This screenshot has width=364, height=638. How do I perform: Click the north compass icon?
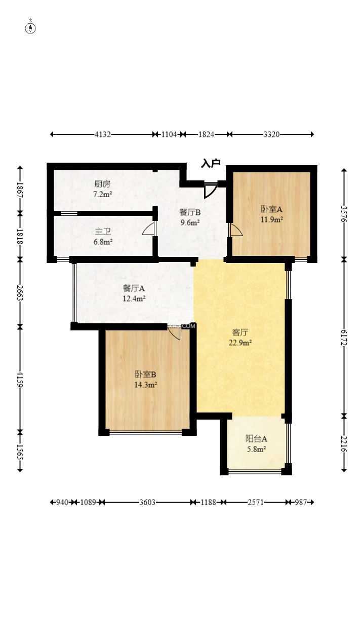pyautogui.click(x=31, y=27)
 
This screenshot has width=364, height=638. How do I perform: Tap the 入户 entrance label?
pyautogui.click(x=211, y=163)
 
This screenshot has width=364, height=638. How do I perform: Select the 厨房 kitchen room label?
pyautogui.click(x=102, y=184)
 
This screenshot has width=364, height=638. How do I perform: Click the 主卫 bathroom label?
pyautogui.click(x=103, y=232)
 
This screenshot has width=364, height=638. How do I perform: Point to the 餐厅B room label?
pyautogui.click(x=190, y=212)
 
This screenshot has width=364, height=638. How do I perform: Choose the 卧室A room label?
pyautogui.click(x=271, y=209)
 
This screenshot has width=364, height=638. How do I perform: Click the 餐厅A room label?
pyautogui.click(x=134, y=288)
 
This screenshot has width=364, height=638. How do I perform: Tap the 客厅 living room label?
pyautogui.click(x=240, y=332)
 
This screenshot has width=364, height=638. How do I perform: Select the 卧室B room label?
pyautogui.click(x=145, y=374)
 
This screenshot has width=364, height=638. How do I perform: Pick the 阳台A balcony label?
pyautogui.click(x=256, y=438)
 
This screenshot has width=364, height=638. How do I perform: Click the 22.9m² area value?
pyautogui.click(x=240, y=343)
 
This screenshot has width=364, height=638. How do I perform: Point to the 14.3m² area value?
pyautogui.click(x=145, y=385)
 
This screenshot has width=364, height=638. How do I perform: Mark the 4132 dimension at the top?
pyautogui.click(x=103, y=134)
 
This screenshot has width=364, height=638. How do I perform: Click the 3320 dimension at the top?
pyautogui.click(x=271, y=134)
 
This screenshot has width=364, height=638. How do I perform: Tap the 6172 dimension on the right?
pyautogui.click(x=344, y=336)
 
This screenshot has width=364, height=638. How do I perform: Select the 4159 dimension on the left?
pyautogui.click(x=20, y=379)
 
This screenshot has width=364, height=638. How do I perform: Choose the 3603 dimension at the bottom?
pyautogui.click(x=147, y=502)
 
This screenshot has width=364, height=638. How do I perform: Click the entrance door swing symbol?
pyautogui.click(x=210, y=190)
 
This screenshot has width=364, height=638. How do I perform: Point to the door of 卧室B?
pyautogui.click(x=174, y=333)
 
